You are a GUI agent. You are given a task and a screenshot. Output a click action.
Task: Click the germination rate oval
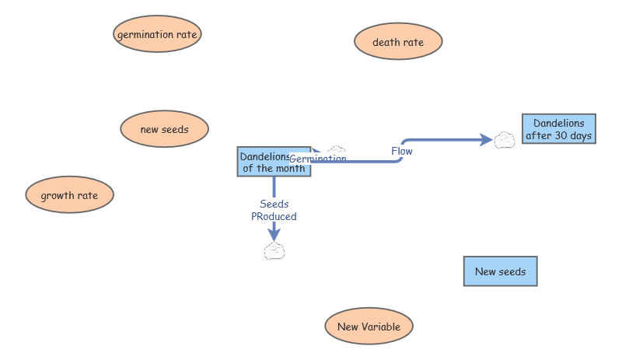158,34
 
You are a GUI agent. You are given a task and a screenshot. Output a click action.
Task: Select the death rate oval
398,42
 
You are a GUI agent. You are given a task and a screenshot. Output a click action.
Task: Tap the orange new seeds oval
164,129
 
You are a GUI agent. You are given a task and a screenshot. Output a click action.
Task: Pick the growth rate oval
69,195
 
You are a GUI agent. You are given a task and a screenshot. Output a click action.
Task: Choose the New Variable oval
369,327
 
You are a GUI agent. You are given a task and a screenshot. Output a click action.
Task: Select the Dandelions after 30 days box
559,129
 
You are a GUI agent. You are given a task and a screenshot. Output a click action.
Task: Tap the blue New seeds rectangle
500,271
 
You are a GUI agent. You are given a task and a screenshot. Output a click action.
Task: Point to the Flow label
402,151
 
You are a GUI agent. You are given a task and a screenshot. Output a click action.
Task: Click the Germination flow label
318,159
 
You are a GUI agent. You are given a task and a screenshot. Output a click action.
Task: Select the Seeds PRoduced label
274,211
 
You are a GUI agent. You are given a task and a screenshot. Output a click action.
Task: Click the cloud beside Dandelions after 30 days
505,140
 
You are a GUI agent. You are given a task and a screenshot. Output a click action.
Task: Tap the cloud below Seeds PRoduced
274,250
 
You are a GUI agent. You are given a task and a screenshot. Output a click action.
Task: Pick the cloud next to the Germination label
336,149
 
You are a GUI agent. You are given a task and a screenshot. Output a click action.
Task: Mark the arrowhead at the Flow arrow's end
487,140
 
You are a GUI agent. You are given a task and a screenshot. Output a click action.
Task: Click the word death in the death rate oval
386,42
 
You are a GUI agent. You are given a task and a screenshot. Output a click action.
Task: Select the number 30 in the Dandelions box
570,135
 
